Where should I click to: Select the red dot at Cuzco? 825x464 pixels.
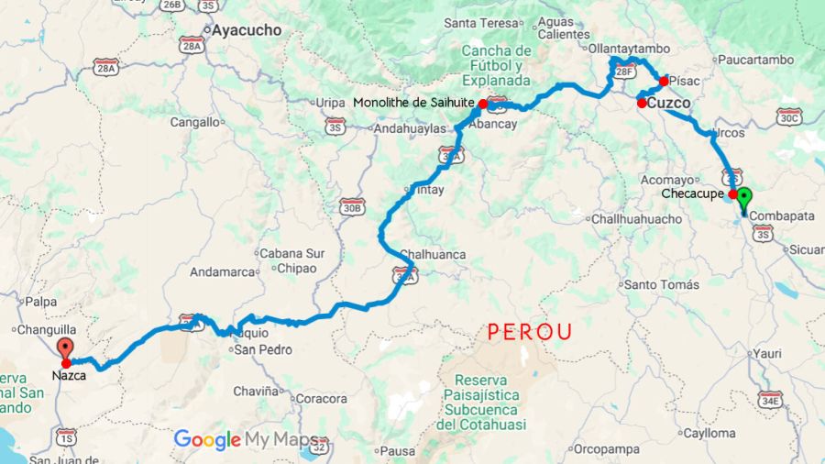(x=642, y=103)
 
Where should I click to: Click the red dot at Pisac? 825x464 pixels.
(x=664, y=81)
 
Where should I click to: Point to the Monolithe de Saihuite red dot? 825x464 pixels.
(x=483, y=104)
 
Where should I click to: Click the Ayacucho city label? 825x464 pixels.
(x=247, y=30)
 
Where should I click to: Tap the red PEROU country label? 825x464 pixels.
(x=530, y=331)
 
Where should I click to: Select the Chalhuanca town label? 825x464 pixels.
(x=433, y=254)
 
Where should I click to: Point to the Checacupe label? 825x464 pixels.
(x=693, y=193)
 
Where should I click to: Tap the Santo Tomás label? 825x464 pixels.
(x=662, y=284)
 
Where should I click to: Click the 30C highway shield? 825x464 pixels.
(x=789, y=116)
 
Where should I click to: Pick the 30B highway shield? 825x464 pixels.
(x=352, y=207)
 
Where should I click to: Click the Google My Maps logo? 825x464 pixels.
(x=246, y=440)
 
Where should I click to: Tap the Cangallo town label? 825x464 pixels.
(x=195, y=121)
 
